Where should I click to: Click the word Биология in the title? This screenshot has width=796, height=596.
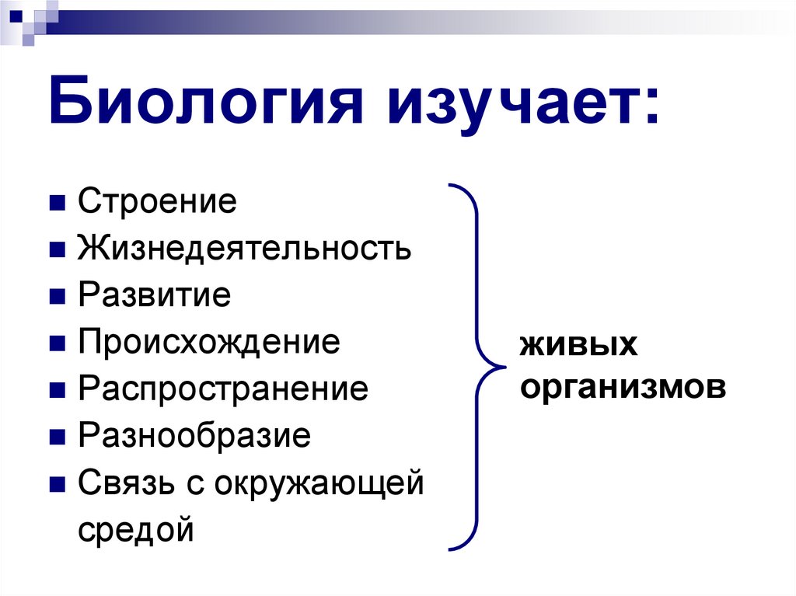click(x=207, y=104)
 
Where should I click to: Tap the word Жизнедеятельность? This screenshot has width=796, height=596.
click(x=244, y=249)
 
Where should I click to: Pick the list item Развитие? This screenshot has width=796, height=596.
click(x=155, y=296)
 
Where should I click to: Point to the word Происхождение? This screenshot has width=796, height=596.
click(x=209, y=342)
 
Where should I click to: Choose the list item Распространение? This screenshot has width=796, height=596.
click(x=223, y=389)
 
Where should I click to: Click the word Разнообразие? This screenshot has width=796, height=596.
click(x=194, y=435)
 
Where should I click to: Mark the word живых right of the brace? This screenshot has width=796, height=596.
click(x=578, y=344)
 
